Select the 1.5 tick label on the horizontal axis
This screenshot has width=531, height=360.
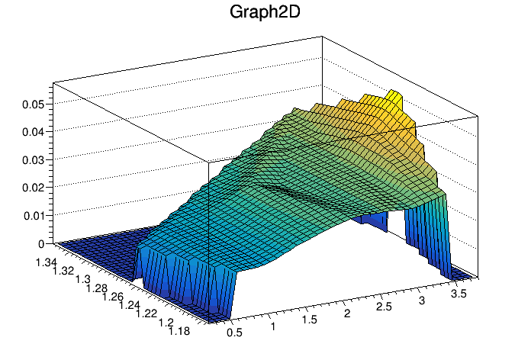[310, 320]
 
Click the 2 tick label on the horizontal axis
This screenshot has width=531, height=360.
[349, 313]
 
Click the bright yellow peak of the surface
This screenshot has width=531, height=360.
[394, 96]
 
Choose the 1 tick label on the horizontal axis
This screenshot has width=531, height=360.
[273, 326]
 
